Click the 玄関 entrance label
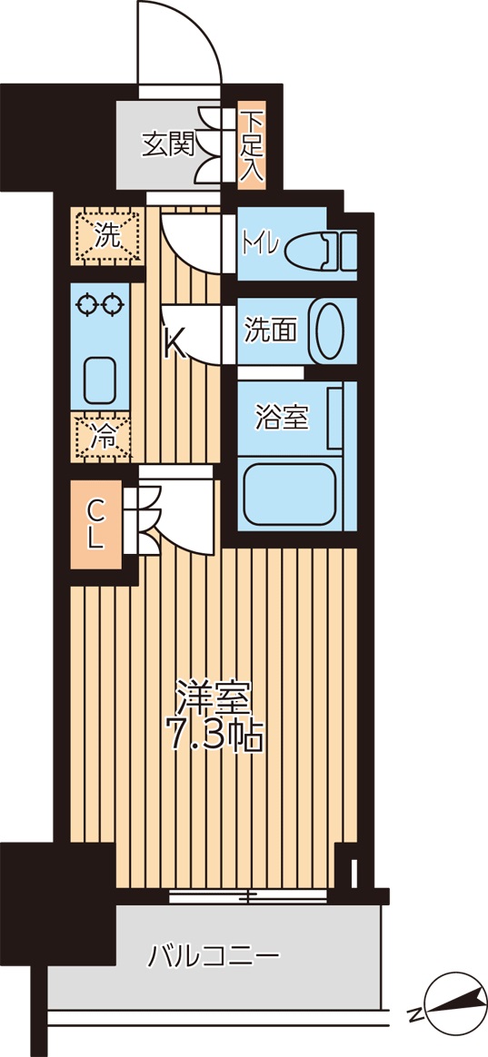(x=168, y=143)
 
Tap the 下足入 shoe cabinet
(x=252, y=145)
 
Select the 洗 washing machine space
(x=107, y=237)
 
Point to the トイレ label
(x=264, y=245)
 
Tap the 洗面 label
(x=270, y=331)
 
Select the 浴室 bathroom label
(x=282, y=418)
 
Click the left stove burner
(x=87, y=306)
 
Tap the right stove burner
(x=114, y=306)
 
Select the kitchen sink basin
(x=99, y=380)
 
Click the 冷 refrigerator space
(x=104, y=437)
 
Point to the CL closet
(x=96, y=526)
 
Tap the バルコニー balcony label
(x=214, y=956)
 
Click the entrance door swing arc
(x=182, y=41)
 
